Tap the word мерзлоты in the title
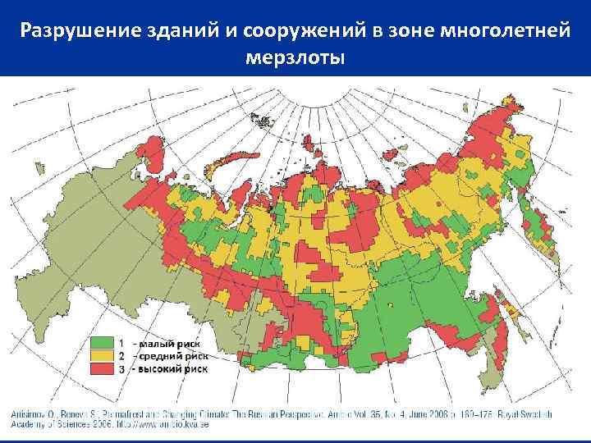click(295, 59)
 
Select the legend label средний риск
click(173, 355)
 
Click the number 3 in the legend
click(121, 369)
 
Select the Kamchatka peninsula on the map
click(538, 226)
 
